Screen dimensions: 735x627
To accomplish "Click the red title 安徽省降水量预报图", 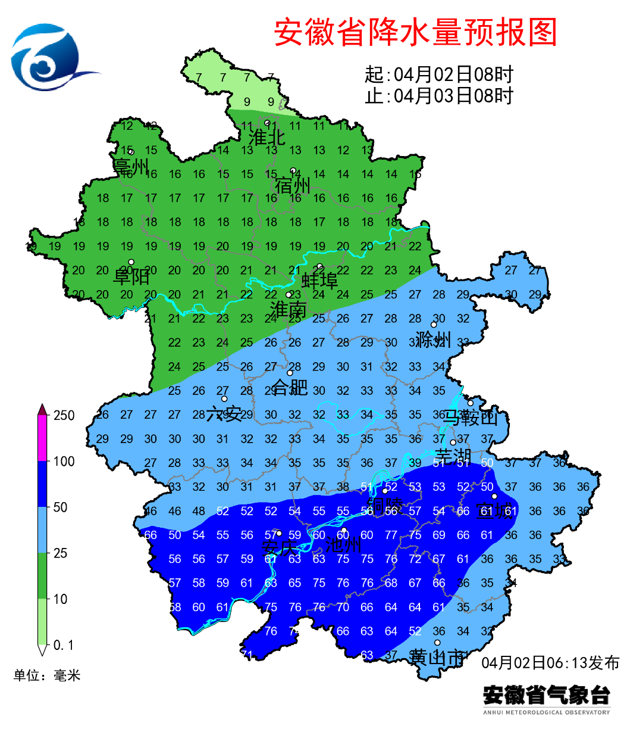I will (x=415, y=32).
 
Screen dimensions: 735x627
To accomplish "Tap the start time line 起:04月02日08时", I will (x=438, y=74).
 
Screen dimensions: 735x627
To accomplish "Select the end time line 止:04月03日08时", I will (x=438, y=95).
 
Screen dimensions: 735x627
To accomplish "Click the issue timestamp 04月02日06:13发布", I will (x=550, y=663).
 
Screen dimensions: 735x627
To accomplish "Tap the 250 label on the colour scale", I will (x=64, y=416).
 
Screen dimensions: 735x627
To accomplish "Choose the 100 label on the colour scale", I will (x=64, y=462).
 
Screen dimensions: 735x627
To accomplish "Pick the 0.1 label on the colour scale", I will (x=63, y=645).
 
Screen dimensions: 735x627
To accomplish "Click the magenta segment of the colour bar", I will (x=42, y=438).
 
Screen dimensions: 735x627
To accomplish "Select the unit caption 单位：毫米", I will (x=47, y=675).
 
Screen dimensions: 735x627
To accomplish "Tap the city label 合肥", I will (x=290, y=388).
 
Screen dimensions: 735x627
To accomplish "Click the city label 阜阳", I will (x=131, y=276).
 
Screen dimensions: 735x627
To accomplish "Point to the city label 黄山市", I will (x=437, y=658).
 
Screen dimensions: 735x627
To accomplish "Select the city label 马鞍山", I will (x=470, y=418).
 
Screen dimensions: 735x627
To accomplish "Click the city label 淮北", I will (x=267, y=137).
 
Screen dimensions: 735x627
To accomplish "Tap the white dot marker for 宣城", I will (x=494, y=496).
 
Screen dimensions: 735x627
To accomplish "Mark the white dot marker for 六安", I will (x=224, y=399).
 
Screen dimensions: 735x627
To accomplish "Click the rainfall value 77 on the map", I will (x=391, y=535).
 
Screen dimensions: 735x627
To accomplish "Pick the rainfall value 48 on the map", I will (x=199, y=511).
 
